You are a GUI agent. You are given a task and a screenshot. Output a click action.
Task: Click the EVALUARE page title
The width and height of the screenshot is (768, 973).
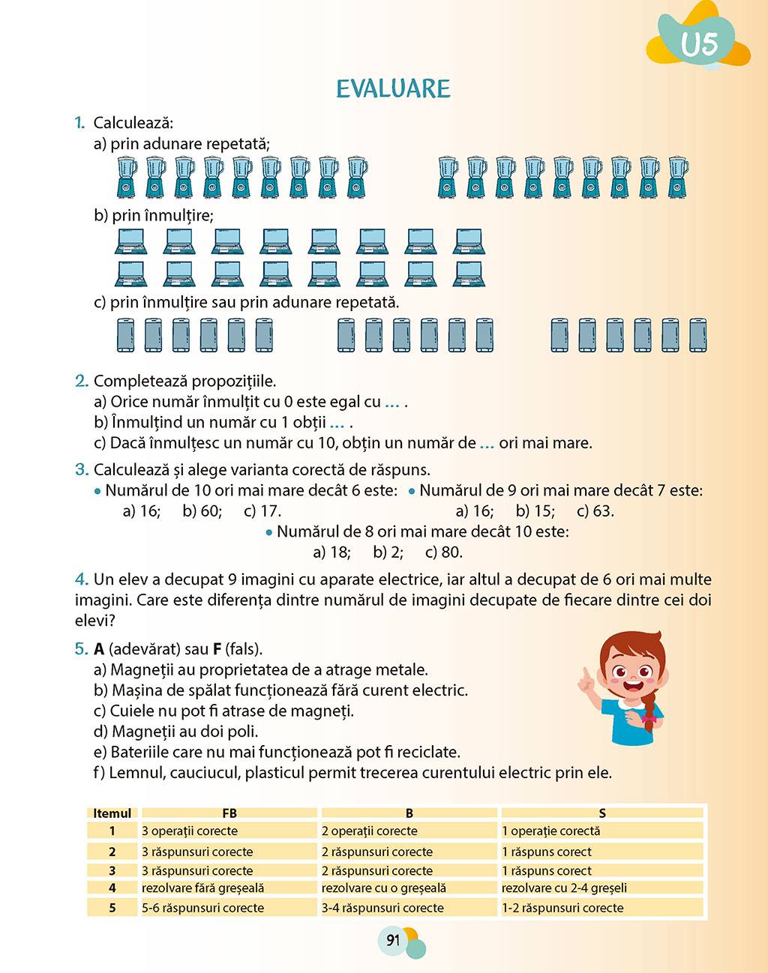(393, 88)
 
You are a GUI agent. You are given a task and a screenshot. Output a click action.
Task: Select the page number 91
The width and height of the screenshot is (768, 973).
(393, 940)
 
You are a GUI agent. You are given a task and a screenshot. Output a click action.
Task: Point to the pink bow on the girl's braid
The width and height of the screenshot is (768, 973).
(648, 718)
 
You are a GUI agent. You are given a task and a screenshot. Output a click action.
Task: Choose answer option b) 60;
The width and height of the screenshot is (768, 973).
(202, 511)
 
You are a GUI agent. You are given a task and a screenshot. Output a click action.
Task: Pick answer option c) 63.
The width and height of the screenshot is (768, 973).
(595, 511)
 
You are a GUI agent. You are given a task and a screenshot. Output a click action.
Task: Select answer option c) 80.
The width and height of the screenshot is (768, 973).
(443, 552)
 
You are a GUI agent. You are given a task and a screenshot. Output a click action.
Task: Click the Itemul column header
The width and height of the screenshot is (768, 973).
(112, 813)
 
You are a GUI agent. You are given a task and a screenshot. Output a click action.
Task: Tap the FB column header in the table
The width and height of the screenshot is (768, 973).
(229, 813)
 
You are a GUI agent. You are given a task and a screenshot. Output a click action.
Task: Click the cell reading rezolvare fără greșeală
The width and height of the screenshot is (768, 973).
(202, 888)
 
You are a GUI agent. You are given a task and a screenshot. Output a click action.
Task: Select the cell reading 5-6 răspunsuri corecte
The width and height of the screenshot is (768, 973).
(202, 908)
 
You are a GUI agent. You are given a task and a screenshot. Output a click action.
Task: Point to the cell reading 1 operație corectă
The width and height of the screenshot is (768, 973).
(550, 831)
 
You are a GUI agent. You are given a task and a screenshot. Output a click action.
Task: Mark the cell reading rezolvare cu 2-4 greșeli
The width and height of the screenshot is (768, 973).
(564, 888)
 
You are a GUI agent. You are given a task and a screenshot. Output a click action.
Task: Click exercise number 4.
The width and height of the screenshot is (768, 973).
(81, 579)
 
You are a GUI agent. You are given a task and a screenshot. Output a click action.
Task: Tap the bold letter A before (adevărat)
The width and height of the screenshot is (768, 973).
(99, 649)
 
